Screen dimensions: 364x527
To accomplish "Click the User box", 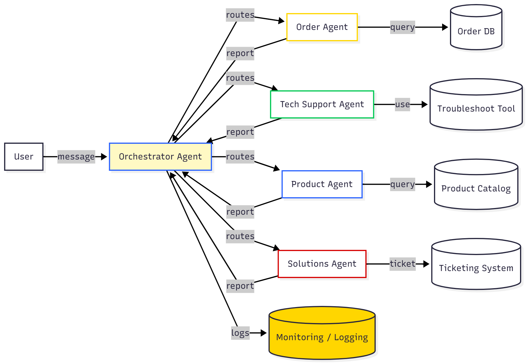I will tap(24, 157).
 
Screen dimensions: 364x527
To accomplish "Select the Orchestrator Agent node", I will tap(160, 157).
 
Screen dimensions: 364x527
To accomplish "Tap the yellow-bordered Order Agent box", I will tap(322, 27).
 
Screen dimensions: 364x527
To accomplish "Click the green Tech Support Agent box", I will tap(322, 104).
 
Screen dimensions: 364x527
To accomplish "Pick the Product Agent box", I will tap(322, 184).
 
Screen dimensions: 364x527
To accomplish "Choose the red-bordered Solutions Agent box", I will tap(322, 264).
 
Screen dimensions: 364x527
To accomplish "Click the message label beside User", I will tap(76, 157).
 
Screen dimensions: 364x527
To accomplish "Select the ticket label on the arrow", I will tap(402, 264).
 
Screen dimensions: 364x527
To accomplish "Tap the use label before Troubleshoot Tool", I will tap(402, 104).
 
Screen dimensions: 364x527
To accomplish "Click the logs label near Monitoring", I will tap(240, 333).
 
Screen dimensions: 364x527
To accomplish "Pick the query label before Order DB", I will tap(402, 27).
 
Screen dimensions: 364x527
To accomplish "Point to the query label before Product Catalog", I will tap(402, 184).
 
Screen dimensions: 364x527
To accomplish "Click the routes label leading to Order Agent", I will tap(240, 15).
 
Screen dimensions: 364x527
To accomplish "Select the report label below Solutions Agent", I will tap(240, 286).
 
